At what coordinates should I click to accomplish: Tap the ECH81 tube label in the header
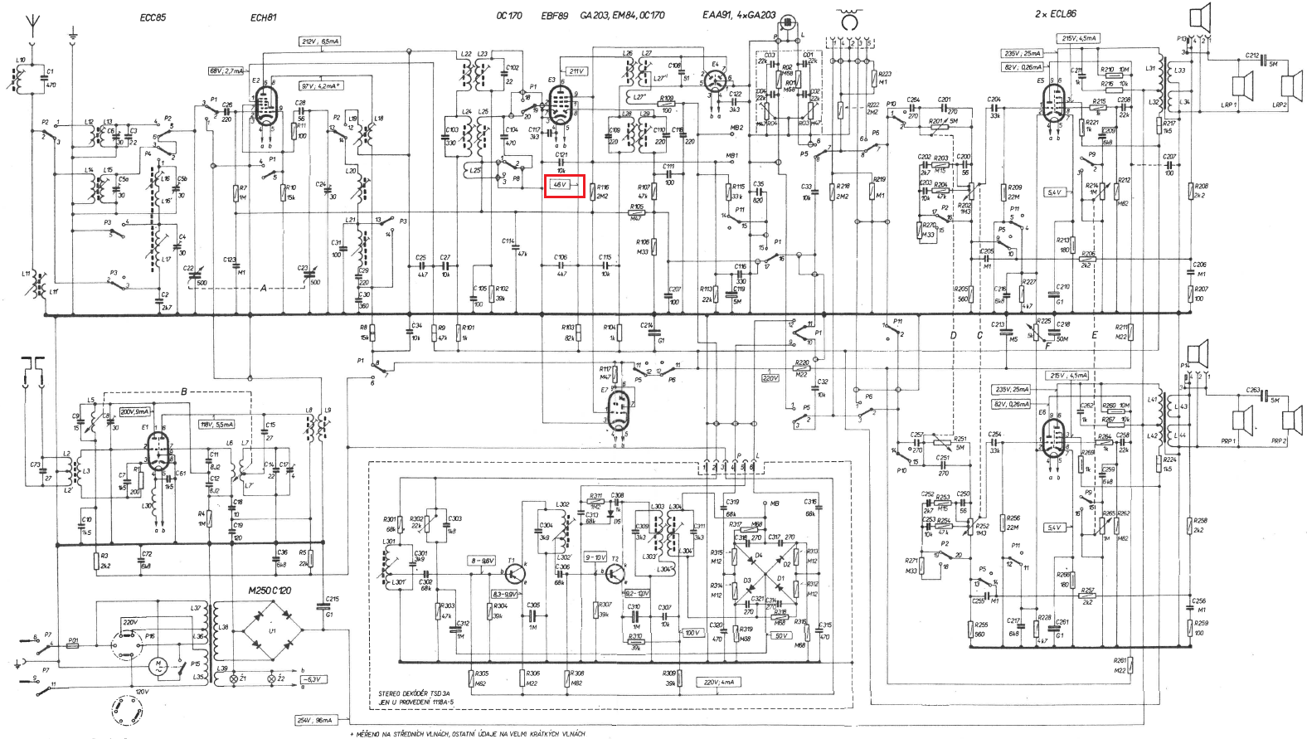click(263, 17)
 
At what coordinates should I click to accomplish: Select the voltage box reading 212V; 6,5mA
click(320, 41)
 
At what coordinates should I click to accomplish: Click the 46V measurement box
click(564, 185)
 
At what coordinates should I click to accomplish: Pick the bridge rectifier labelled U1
click(273, 631)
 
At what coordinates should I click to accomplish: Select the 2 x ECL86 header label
click(1055, 14)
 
